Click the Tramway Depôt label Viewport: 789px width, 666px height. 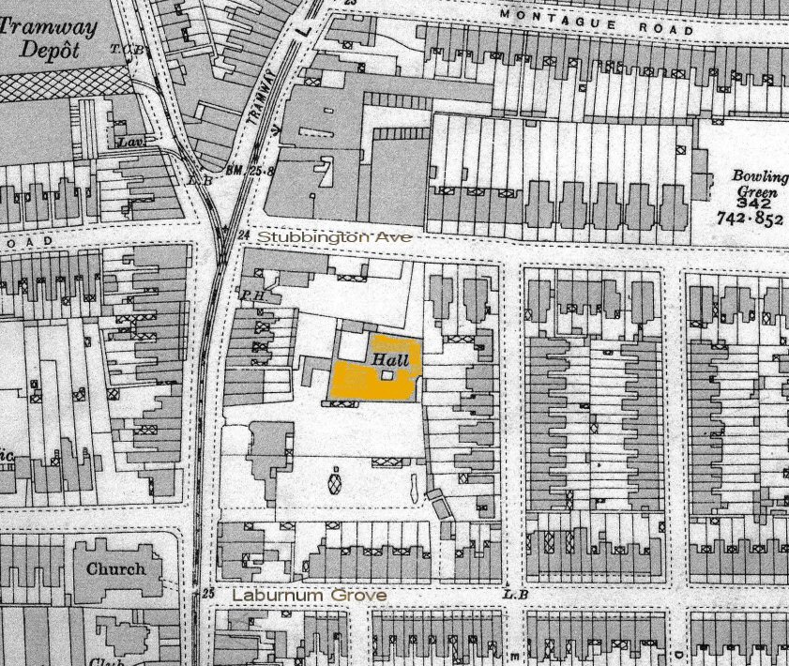coord(49,38)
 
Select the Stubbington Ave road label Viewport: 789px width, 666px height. coord(334,237)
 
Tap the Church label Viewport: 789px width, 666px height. coord(115,568)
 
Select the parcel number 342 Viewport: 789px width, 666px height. coord(755,203)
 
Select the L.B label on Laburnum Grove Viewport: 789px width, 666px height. coord(511,593)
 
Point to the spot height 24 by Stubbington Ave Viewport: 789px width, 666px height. coord(246,235)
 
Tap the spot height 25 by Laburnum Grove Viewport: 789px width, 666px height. coord(208,593)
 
